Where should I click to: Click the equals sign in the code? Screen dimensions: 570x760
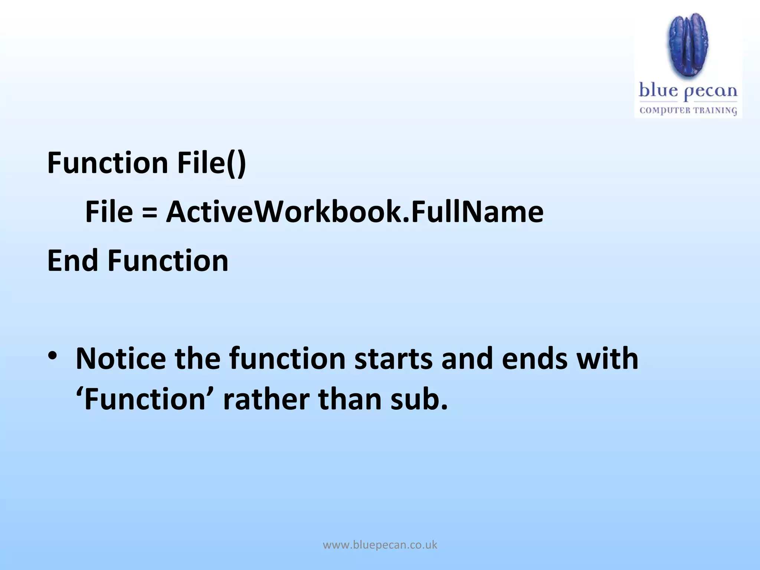click(x=149, y=212)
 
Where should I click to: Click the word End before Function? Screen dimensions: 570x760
click(x=73, y=261)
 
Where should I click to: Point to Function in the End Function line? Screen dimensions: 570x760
click(x=168, y=261)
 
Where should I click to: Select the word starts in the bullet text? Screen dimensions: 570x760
click(x=393, y=359)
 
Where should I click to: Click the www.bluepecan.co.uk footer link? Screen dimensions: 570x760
click(x=380, y=545)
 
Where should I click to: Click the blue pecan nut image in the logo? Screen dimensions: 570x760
click(x=688, y=45)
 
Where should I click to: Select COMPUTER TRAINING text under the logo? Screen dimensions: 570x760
click(x=688, y=110)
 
